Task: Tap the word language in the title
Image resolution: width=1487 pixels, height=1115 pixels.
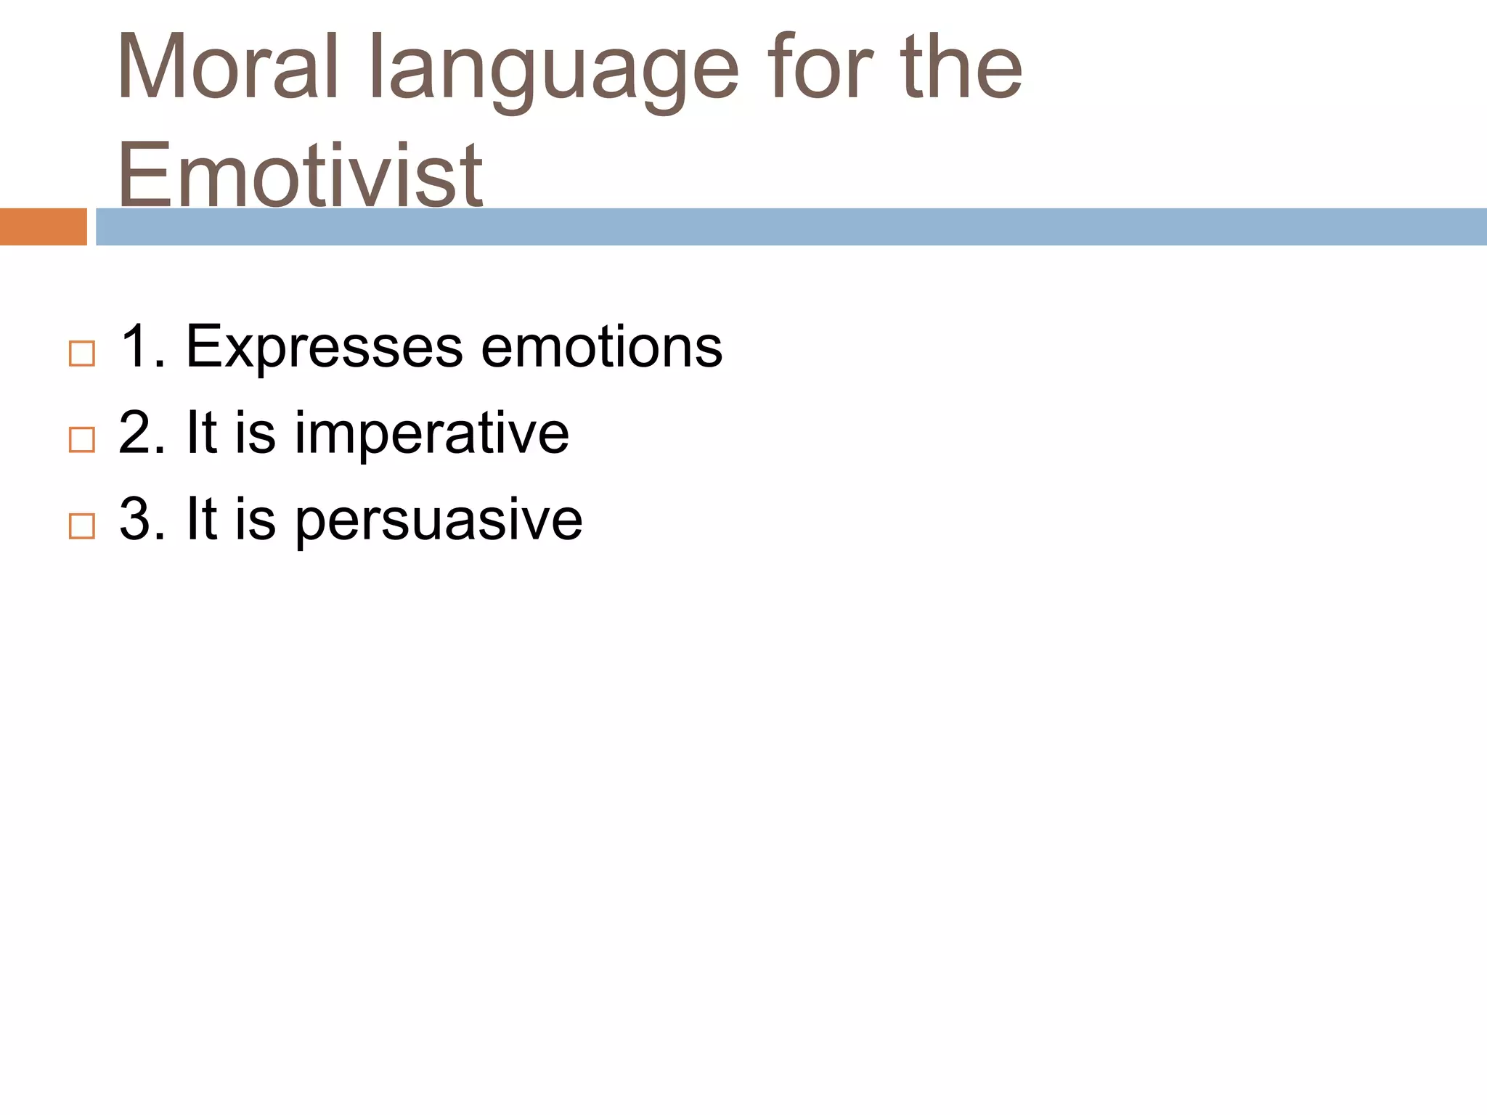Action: pos(555,73)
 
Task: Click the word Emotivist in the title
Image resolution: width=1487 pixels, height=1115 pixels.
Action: pos(299,174)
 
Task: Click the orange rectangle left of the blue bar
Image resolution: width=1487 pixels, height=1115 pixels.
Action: pos(43,226)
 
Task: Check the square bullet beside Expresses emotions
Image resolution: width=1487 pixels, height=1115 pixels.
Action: pos(82,354)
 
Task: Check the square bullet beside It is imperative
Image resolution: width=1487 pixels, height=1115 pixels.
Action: pos(82,440)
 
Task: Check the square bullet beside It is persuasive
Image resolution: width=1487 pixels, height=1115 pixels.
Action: pos(82,526)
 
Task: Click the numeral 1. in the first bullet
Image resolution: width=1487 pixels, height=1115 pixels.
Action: pos(142,346)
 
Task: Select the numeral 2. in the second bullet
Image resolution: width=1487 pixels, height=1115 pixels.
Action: pos(142,433)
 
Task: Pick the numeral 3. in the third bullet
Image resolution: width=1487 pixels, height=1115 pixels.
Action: pos(142,519)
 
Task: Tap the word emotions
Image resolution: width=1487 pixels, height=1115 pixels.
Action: pos(602,347)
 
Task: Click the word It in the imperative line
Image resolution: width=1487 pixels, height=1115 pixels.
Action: pos(202,433)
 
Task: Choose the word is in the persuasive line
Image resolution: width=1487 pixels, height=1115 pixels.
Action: pos(256,519)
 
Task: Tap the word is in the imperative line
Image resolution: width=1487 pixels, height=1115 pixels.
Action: pos(256,433)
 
